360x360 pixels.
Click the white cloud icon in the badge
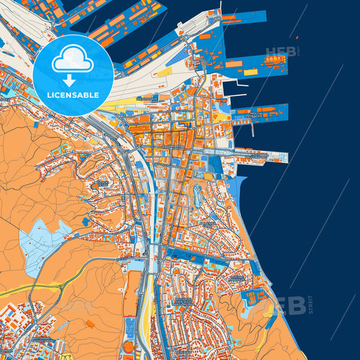(x=72, y=59)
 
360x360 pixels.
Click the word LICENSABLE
(x=72, y=95)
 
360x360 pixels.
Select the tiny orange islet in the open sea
(x=296, y=36)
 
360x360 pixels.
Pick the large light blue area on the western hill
(x=42, y=241)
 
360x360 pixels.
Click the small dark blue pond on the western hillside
(x=85, y=221)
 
